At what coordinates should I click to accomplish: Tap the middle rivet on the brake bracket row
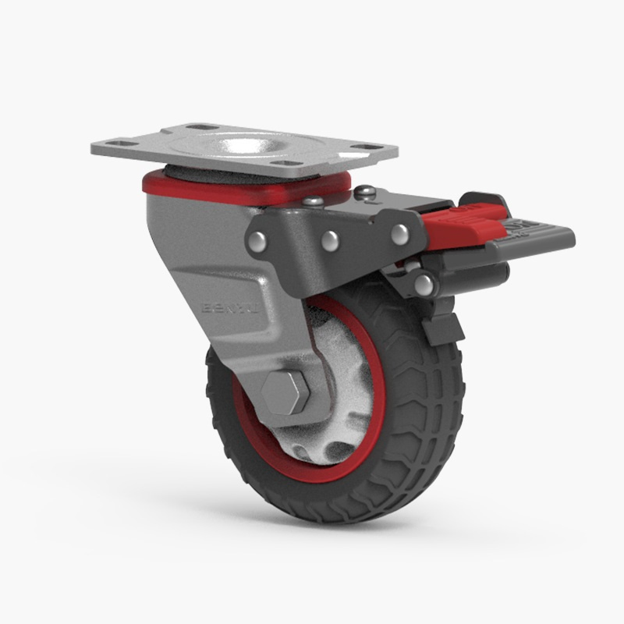pyautogui.click(x=329, y=238)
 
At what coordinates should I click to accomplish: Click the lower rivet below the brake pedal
pyautogui.click(x=424, y=284)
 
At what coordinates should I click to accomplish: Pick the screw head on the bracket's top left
pyautogui.click(x=312, y=201)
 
